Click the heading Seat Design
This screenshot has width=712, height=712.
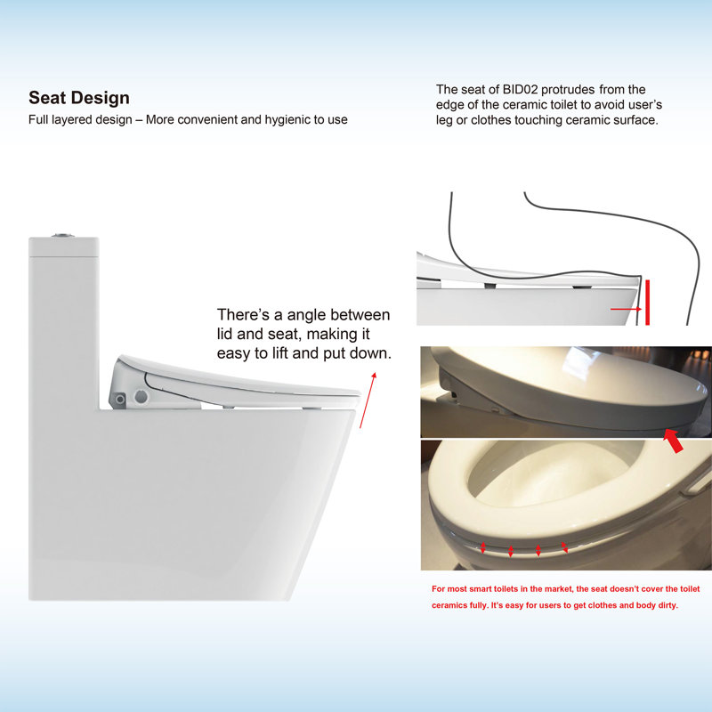tap(78, 98)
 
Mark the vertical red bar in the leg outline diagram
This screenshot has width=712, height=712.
tap(649, 303)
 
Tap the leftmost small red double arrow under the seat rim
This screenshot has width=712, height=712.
tap(482, 548)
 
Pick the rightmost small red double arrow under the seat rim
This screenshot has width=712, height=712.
tap(564, 547)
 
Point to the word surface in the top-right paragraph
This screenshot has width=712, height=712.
tap(633, 119)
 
